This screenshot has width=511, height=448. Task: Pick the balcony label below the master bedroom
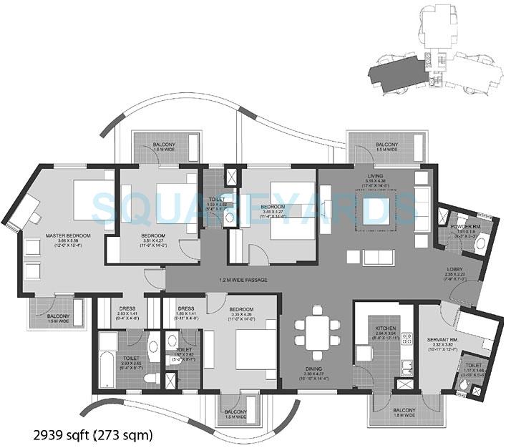click(x=59, y=318)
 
